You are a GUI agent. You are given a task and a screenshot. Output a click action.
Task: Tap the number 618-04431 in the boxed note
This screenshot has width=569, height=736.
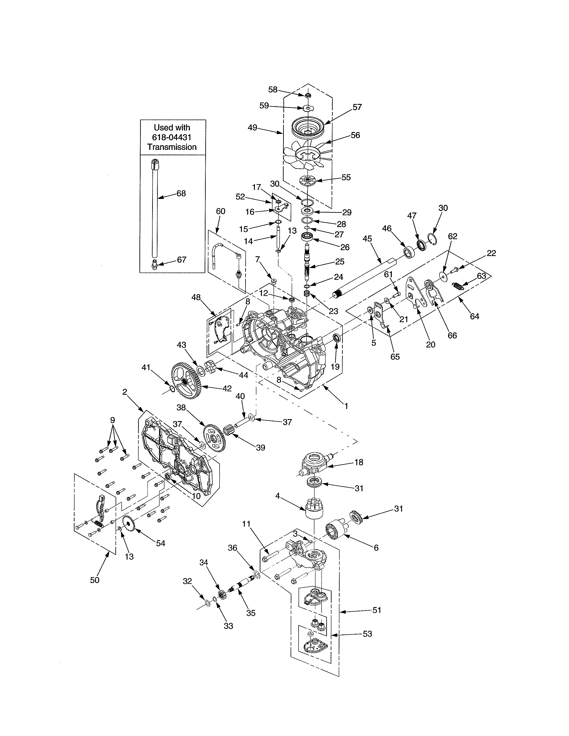pyautogui.click(x=172, y=137)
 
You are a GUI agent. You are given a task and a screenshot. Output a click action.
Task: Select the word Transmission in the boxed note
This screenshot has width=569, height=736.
pyautogui.click(x=172, y=147)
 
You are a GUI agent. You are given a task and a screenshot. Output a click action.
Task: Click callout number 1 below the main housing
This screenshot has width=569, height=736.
pyautogui.click(x=346, y=406)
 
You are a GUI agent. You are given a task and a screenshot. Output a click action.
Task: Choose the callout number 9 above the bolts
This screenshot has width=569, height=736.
pyautogui.click(x=112, y=420)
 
